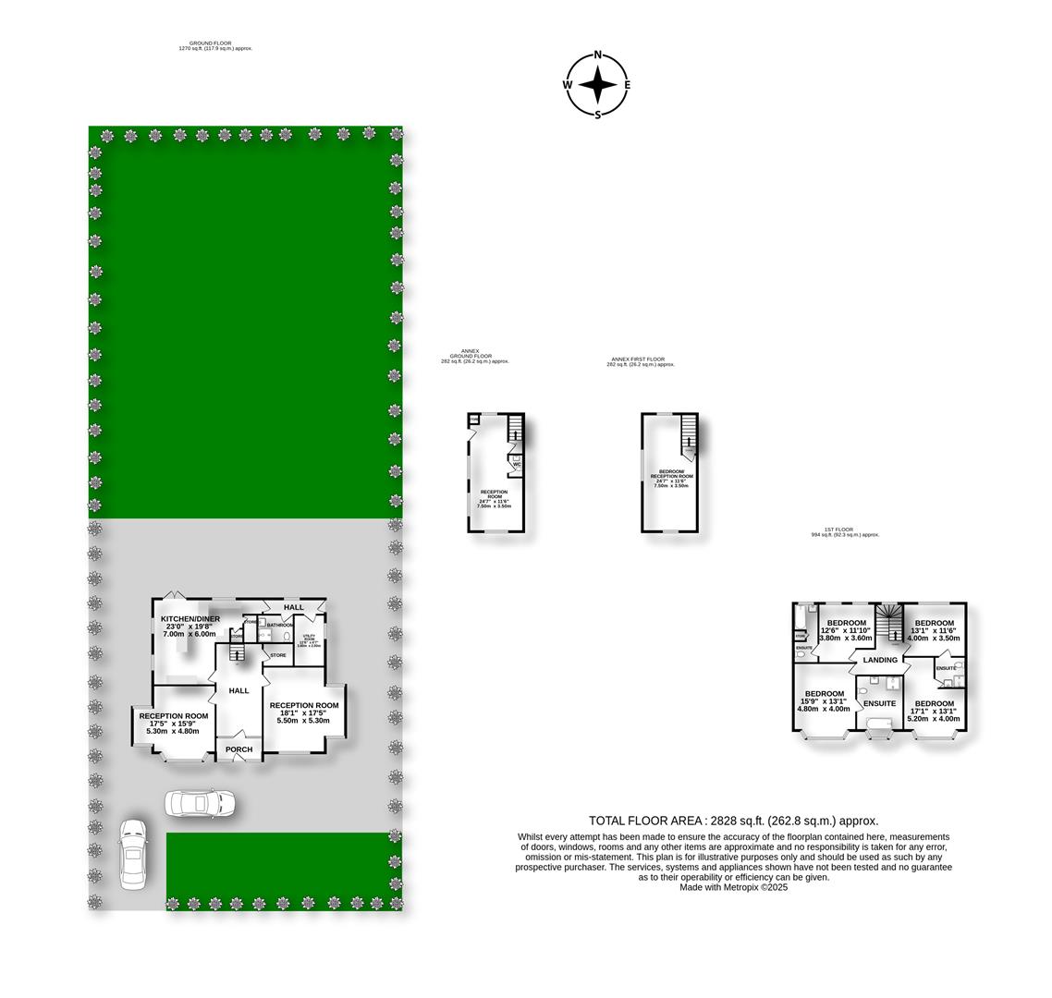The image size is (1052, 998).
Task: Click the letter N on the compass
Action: click(x=598, y=55)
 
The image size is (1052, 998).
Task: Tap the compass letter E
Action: click(x=627, y=85)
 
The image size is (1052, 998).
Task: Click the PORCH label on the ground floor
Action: click(x=239, y=749)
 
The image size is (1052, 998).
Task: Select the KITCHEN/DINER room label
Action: click(x=190, y=619)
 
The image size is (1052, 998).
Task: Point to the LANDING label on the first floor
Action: click(x=880, y=660)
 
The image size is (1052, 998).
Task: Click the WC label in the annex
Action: click(x=517, y=464)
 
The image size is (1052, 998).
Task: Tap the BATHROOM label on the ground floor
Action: click(x=279, y=625)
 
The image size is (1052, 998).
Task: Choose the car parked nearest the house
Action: click(x=200, y=803)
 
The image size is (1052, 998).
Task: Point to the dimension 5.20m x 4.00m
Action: click(x=934, y=718)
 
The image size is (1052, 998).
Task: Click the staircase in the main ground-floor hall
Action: click(x=236, y=654)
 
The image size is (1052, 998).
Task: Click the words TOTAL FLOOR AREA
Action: click(x=646, y=821)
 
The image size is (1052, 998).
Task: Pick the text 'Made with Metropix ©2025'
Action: click(x=733, y=887)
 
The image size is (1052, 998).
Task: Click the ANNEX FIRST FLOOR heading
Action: click(x=638, y=359)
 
